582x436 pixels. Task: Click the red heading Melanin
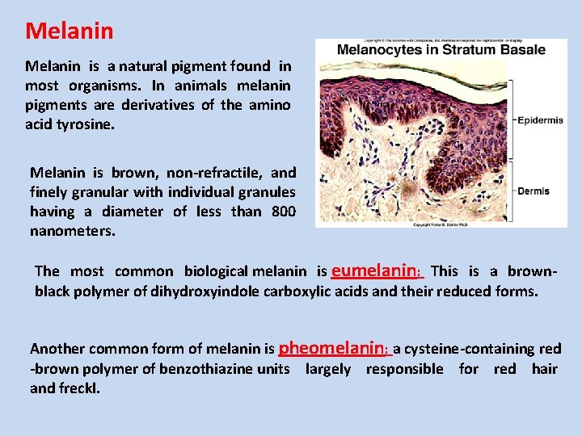(x=70, y=31)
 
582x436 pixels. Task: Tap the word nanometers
(x=73, y=231)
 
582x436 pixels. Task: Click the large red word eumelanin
(x=375, y=270)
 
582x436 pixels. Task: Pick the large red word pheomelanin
(x=332, y=347)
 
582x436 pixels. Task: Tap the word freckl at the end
(x=79, y=388)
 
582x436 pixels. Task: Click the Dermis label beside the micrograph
(x=533, y=191)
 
